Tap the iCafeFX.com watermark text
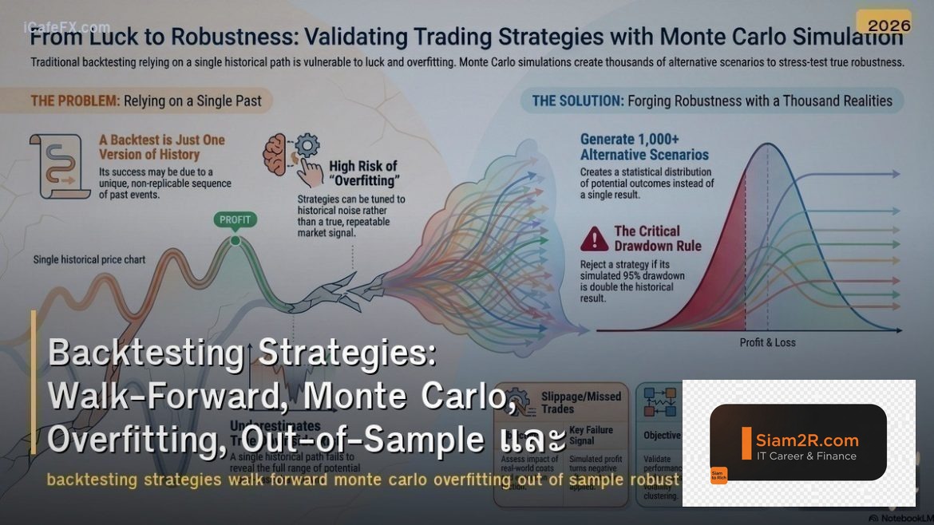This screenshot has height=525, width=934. click(x=67, y=27)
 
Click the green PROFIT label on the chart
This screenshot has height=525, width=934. click(x=235, y=219)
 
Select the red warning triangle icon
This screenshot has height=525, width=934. click(x=594, y=239)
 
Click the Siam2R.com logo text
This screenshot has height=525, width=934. click(x=806, y=440)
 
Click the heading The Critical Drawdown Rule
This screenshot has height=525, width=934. click(x=658, y=239)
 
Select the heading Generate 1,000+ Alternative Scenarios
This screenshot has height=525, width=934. click(x=644, y=147)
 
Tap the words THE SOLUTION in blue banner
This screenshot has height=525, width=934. click(x=577, y=101)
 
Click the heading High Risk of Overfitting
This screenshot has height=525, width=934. click(x=363, y=173)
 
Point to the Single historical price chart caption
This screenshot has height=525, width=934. click(x=89, y=259)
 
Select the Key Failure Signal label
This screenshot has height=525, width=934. click(x=591, y=435)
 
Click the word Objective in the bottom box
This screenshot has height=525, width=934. click(x=662, y=436)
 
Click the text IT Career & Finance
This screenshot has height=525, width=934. click(x=806, y=456)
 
